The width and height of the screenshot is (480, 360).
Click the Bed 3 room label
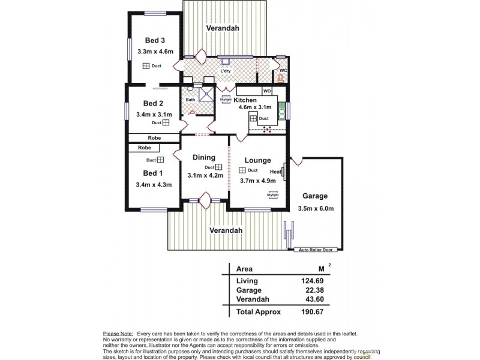[155, 40]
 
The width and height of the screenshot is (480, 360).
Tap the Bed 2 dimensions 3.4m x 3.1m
[154, 114]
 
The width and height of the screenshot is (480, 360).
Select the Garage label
[315, 196]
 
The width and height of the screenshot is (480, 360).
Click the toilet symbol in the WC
[280, 77]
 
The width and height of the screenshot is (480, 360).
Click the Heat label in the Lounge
[276, 172]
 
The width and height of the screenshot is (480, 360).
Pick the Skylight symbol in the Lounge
[272, 194]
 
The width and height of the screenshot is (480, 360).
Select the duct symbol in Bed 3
[146, 66]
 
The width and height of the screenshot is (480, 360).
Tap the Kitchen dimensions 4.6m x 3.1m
[254, 107]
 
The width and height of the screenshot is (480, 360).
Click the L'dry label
[226, 71]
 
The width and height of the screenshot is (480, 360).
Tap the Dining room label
[204, 157]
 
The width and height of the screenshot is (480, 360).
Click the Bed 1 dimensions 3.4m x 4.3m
[154, 185]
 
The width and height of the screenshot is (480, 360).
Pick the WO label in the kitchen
[266, 91]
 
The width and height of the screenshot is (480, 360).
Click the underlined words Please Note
[118, 333]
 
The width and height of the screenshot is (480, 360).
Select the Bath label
[191, 100]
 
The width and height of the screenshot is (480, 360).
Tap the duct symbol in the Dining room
[218, 167]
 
